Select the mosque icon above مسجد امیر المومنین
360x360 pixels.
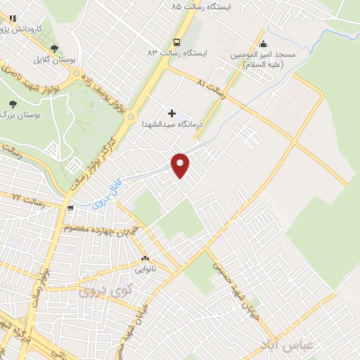tap(263, 41)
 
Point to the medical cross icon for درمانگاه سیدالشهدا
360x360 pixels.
tap(171, 112)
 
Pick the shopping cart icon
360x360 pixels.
tap(70, 208)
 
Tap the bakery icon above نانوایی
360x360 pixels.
tap(145, 258)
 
